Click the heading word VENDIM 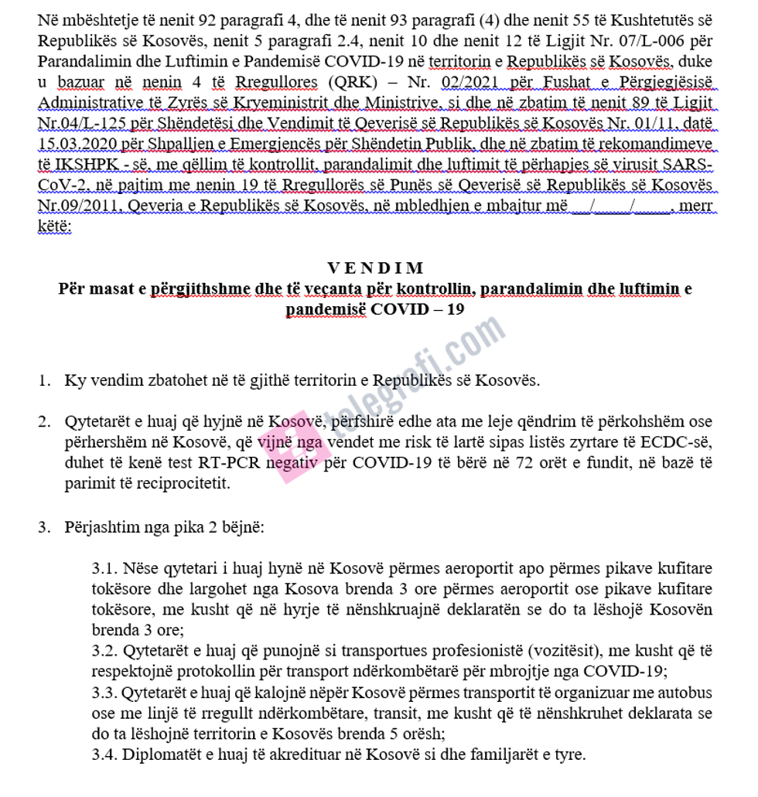click(376, 268)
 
